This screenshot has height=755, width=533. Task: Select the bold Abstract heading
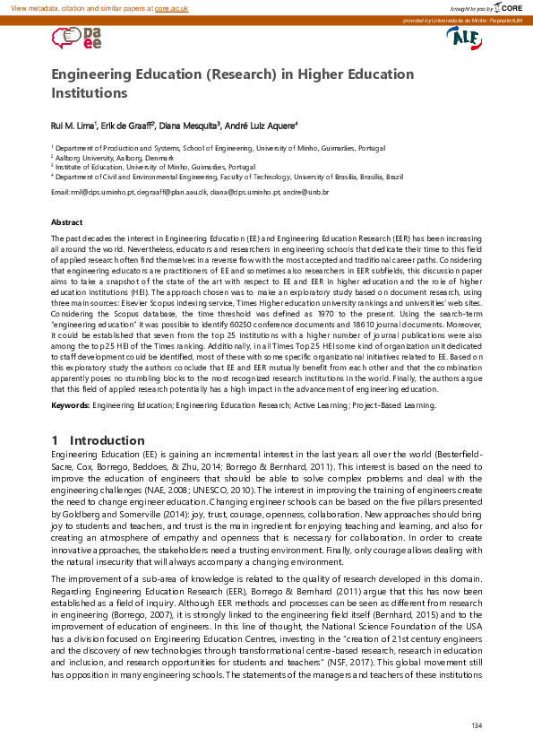point(67,221)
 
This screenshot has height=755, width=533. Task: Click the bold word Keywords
point(69,406)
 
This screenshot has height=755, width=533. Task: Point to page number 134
point(476,725)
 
